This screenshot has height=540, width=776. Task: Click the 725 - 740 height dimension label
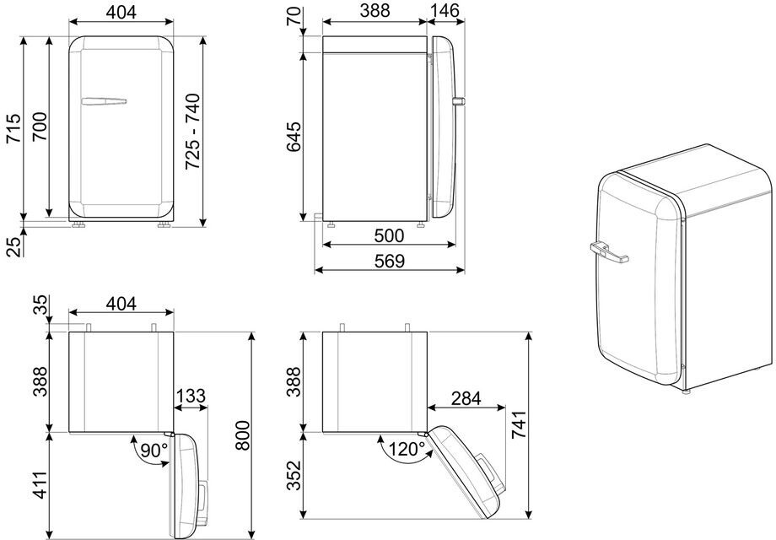pyautogui.click(x=192, y=132)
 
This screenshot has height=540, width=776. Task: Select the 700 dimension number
pyautogui.click(x=40, y=127)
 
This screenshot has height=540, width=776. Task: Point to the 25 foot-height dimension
pyautogui.click(x=14, y=246)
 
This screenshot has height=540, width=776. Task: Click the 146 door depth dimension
pyautogui.click(x=445, y=10)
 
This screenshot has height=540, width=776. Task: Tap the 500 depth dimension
pyautogui.click(x=389, y=235)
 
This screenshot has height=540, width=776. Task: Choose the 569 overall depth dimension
pyautogui.click(x=390, y=261)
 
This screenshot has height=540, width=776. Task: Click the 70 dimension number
pyautogui.click(x=294, y=15)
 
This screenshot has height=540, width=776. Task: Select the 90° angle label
pyautogui.click(x=154, y=451)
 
